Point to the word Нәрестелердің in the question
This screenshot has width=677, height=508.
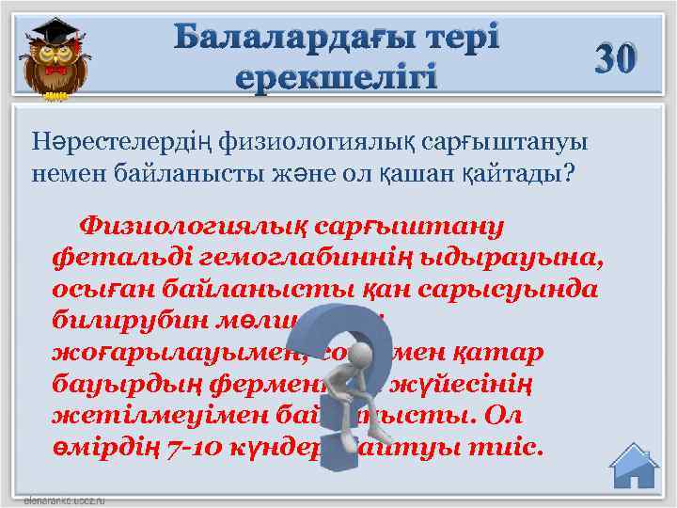click(x=123, y=142)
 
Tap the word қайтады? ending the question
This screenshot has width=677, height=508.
click(x=526, y=173)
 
